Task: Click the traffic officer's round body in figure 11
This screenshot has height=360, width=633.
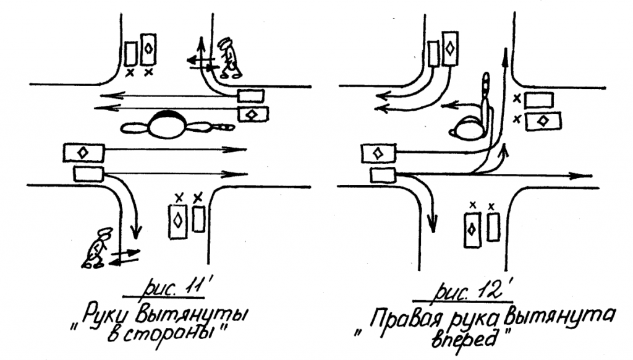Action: tap(167, 125)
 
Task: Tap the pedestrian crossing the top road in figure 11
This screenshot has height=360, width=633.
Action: tap(229, 58)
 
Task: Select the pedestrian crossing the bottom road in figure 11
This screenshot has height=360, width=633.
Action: tap(98, 248)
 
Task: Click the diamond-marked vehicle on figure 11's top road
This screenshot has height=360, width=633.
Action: tap(148, 49)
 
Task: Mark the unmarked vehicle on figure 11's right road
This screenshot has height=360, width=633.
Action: tap(250, 96)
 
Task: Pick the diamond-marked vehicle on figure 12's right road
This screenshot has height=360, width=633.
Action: tap(543, 121)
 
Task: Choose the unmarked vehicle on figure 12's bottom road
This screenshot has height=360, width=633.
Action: tap(493, 226)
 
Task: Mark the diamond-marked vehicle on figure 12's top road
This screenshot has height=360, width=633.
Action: tap(451, 48)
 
